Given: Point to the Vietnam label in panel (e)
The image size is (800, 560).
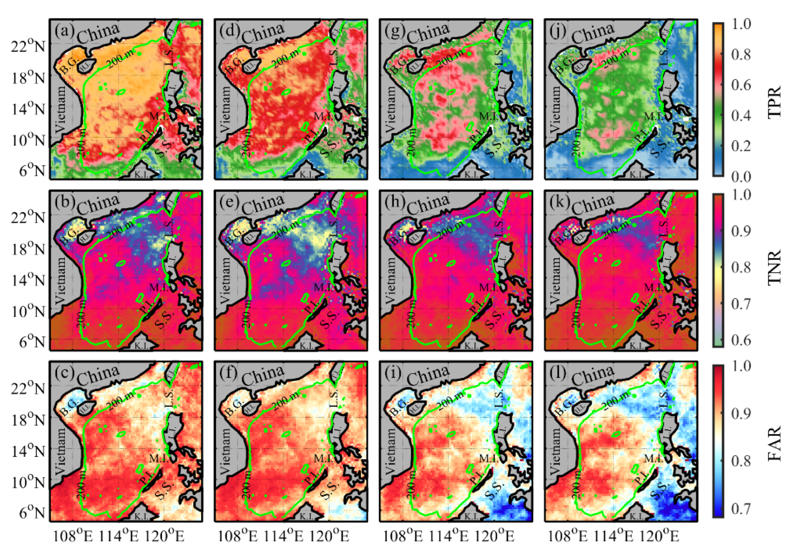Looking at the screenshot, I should coord(226,280).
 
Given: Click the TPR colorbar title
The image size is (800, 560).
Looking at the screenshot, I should coord(774,101).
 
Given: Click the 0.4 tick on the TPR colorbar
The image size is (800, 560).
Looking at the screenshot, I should coord(741,116).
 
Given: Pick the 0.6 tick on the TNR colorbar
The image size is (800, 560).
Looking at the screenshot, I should coord(741,340).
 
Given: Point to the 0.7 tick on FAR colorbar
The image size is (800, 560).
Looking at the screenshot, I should coord(741,509).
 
